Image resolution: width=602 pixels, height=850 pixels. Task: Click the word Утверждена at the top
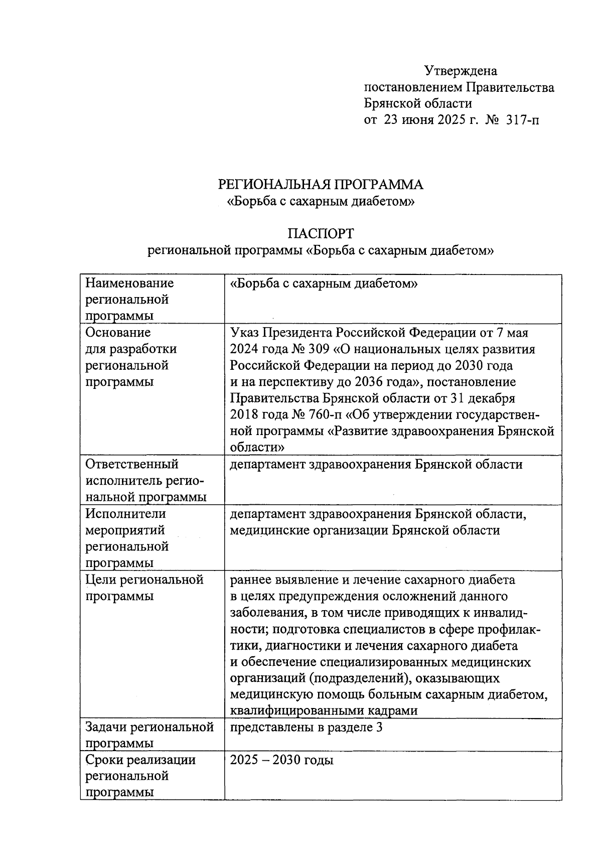pos(461,71)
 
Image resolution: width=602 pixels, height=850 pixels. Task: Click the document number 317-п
pos(524,120)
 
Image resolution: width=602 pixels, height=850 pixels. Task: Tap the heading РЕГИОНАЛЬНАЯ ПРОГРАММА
pos(321,185)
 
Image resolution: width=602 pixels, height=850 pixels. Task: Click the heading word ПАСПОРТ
pos(321,233)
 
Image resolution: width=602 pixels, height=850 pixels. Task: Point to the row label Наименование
pos(129,283)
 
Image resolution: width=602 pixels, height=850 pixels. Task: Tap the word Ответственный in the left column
pos(132,464)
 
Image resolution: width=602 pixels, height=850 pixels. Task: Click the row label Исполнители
pos(125,513)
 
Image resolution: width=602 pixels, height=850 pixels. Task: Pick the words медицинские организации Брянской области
pos(365,530)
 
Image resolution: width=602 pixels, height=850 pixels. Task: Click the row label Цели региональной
pos(144,580)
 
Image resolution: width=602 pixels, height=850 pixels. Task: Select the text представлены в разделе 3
pos(306,727)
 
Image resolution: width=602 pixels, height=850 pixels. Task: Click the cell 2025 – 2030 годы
pos(281,760)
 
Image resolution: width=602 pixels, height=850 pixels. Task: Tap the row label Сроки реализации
pos(140,760)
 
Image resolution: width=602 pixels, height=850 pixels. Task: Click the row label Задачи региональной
pos(149,727)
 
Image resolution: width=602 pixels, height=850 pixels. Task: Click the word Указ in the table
pos(245,332)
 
